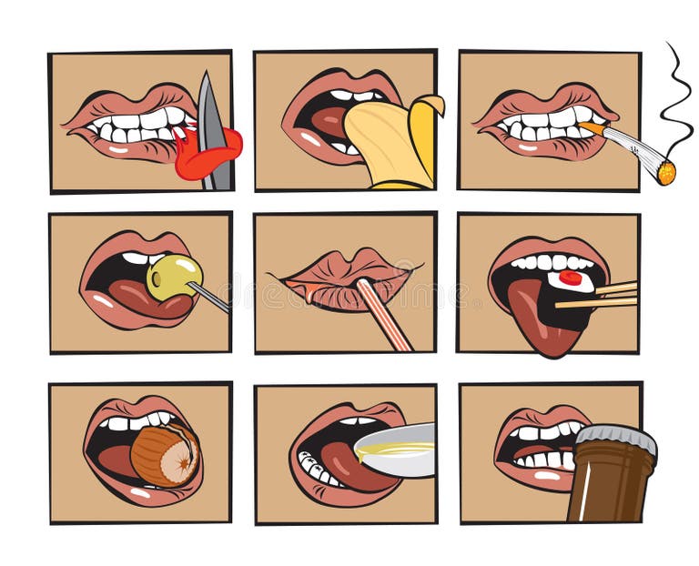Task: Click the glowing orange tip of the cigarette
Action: pos(665,172)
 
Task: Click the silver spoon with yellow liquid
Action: pos(397,450)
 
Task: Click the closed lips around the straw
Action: pos(341,282)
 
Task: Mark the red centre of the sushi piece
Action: pos(571,278)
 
